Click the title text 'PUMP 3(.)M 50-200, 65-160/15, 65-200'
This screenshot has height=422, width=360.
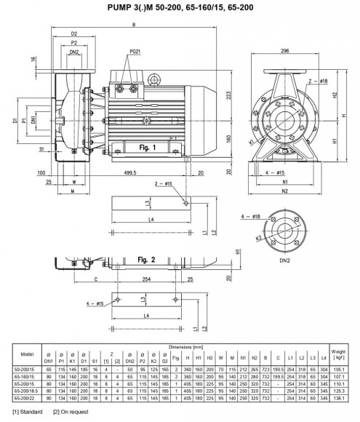point(180,7)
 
